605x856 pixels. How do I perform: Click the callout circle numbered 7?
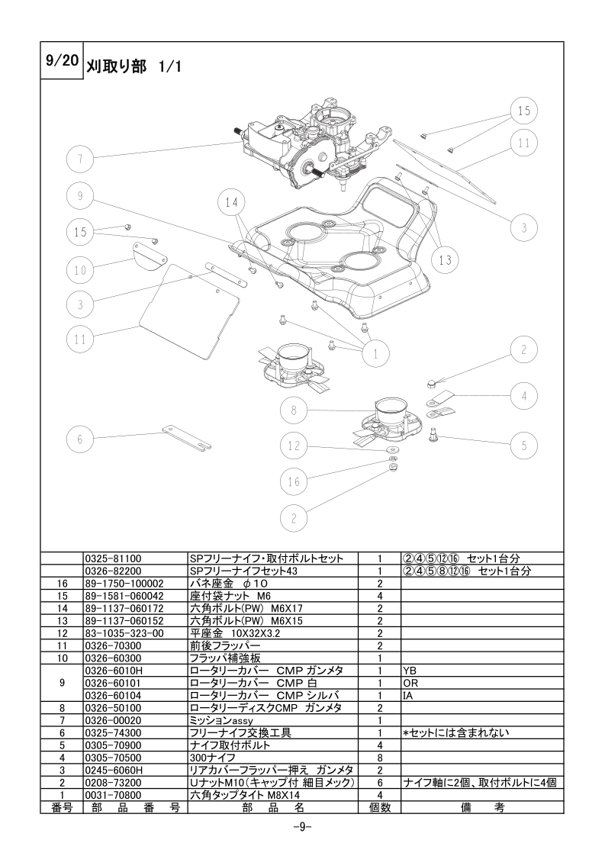coord(80,159)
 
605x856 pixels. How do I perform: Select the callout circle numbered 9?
coord(80,196)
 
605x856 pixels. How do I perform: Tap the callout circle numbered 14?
coord(231,202)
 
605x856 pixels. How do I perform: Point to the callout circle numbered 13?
coord(445,260)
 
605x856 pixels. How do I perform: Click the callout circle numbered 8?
coord(294,410)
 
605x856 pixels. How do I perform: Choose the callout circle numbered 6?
coord(80,439)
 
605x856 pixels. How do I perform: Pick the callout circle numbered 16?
coord(294,481)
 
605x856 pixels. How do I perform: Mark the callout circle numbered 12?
coord(294,446)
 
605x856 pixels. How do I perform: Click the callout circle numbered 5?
coord(524,446)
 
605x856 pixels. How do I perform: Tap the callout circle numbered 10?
coord(80,269)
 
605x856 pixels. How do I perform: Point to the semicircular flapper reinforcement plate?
coord(151,255)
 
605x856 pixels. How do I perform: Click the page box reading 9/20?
coord(62,60)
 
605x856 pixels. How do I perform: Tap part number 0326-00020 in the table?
coord(113,721)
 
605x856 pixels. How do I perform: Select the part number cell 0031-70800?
coord(113,795)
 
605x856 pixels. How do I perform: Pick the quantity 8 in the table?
coord(380,758)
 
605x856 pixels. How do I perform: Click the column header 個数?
coord(380,807)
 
